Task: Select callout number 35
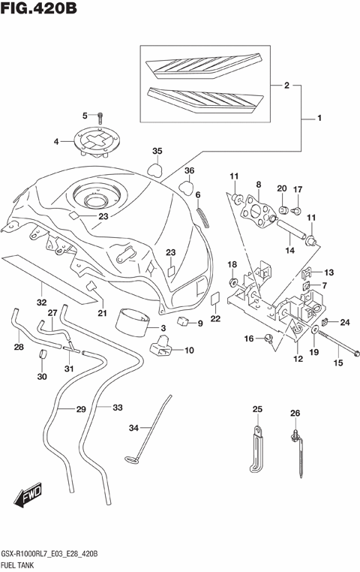[157, 151]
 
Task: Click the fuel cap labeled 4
[100, 142]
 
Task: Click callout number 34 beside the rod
[134, 428]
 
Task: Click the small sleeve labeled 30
[43, 354]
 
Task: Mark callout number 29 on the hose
[80, 409]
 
